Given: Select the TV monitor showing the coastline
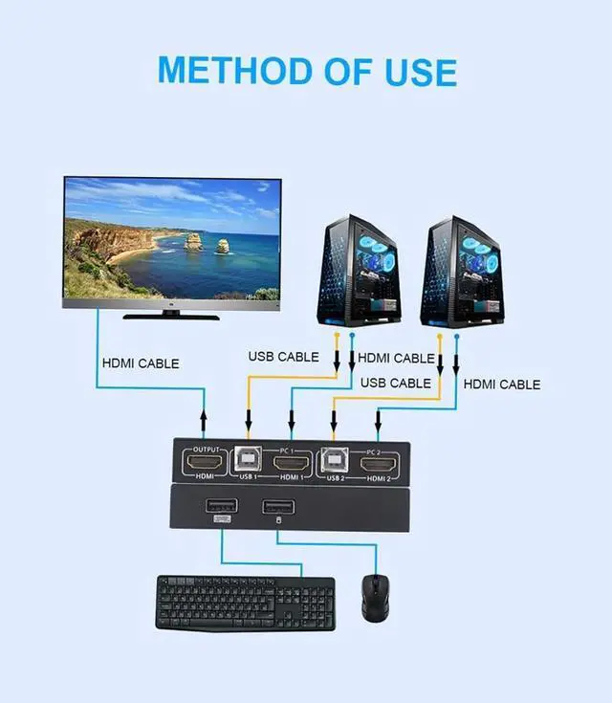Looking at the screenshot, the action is [x=173, y=242].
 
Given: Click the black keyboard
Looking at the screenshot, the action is [x=246, y=602].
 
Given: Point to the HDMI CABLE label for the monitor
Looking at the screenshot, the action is [x=141, y=363].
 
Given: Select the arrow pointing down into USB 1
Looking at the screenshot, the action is [x=249, y=419].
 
